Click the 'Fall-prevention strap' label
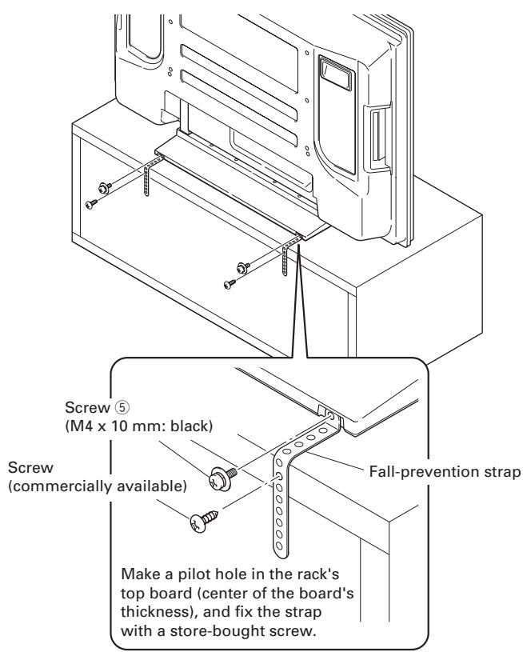(x=445, y=471)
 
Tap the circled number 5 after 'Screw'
(x=122, y=407)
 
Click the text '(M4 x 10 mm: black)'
(x=139, y=426)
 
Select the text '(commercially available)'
(x=98, y=486)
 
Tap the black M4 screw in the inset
(x=222, y=478)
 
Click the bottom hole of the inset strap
(x=279, y=545)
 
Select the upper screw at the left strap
(x=105, y=187)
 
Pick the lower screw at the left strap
(x=91, y=204)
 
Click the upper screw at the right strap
(x=243, y=267)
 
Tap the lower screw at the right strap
(x=230, y=284)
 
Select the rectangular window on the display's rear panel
(x=337, y=73)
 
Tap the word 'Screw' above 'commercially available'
(x=30, y=468)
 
